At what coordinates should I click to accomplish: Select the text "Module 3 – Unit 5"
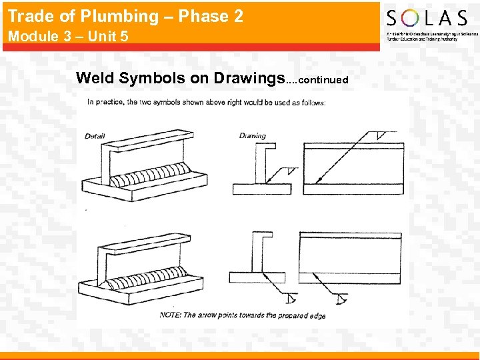click(x=67, y=36)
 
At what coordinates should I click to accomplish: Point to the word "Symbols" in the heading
click(x=153, y=78)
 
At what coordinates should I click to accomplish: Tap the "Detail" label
click(x=95, y=137)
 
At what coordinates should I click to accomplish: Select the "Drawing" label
click(x=252, y=136)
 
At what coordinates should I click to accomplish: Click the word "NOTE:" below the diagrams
click(x=171, y=315)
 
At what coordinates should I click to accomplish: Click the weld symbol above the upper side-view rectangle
click(x=381, y=135)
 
